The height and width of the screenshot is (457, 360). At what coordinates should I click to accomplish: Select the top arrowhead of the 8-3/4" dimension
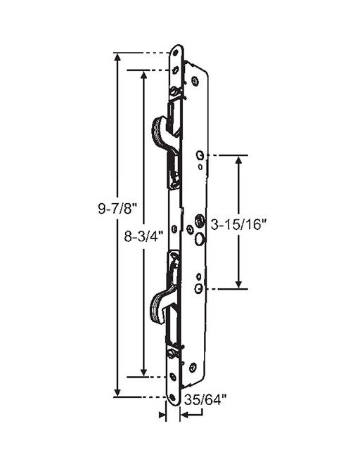(144, 75)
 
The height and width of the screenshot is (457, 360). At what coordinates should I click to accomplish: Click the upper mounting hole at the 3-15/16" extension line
(200, 155)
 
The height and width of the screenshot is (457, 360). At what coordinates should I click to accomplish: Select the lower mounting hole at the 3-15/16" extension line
(199, 288)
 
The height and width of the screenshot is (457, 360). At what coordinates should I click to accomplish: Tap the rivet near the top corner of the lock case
(195, 81)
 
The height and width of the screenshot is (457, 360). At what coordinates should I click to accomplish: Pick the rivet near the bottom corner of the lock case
(192, 366)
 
